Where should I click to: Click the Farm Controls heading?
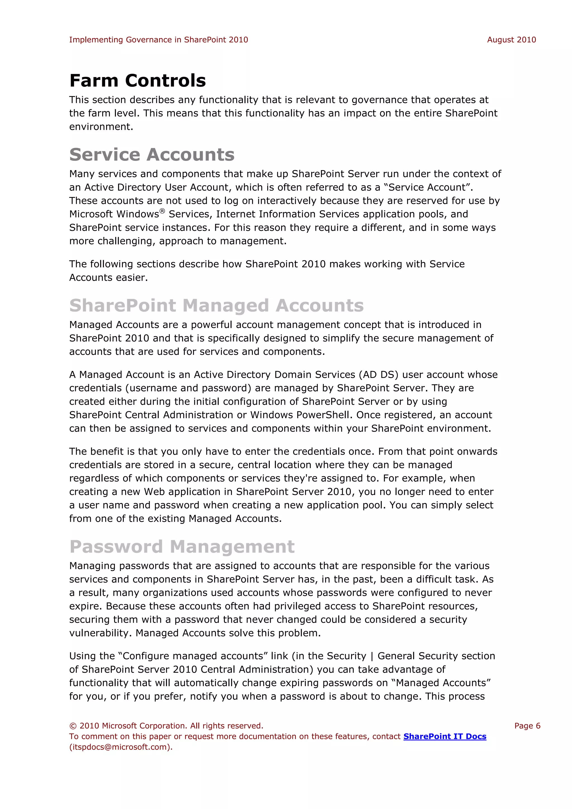[138, 81]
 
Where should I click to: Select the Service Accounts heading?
[152, 155]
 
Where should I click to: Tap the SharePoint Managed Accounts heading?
[216, 306]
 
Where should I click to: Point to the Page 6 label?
[527, 726]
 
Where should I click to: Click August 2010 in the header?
[511, 40]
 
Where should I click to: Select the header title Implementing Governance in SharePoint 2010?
[158, 40]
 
